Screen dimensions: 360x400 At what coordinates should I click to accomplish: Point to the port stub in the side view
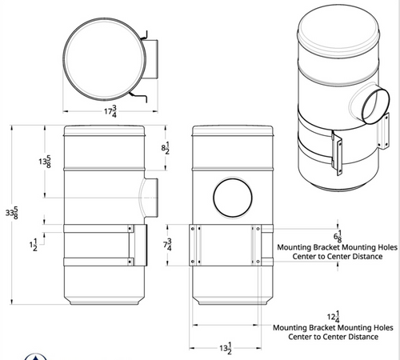(149, 197)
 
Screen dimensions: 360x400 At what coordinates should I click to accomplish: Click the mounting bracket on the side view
(139, 246)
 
